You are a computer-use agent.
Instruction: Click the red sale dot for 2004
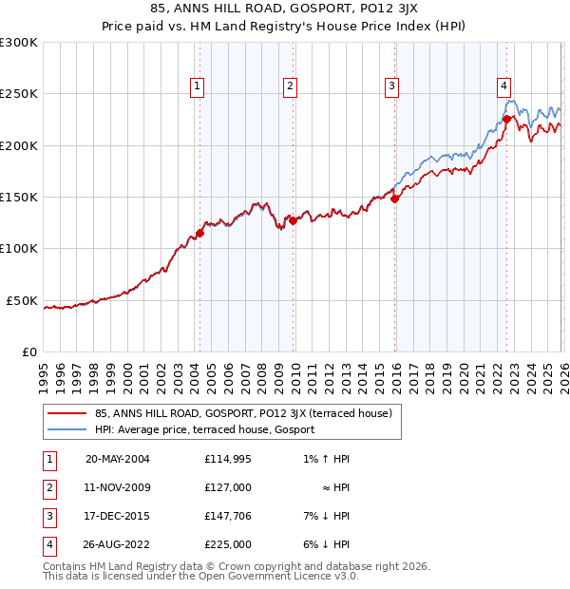click(200, 233)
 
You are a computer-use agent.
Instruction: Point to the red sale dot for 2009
click(293, 220)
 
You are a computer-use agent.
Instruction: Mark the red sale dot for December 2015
click(394, 199)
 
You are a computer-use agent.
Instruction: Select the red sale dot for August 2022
click(506, 119)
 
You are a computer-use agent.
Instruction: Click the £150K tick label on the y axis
click(19, 197)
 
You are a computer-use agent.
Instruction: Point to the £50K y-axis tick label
click(22, 300)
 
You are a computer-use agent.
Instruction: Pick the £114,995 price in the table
click(227, 459)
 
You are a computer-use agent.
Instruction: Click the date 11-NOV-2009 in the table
click(118, 487)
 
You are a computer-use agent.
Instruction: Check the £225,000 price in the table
click(227, 544)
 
